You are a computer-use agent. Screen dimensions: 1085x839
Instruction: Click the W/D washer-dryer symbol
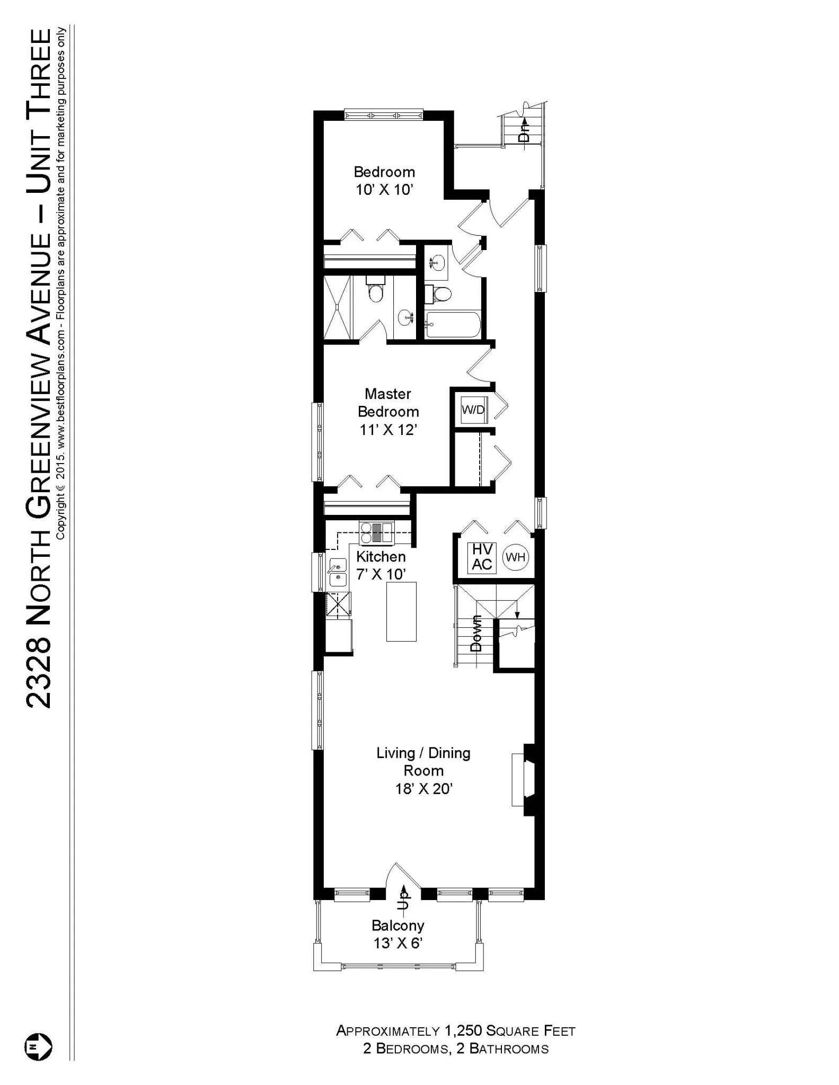coord(473,410)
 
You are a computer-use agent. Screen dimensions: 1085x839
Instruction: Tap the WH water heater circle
coord(515,557)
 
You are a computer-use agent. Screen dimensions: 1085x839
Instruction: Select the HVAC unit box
coord(482,557)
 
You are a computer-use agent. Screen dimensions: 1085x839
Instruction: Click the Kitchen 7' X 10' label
coord(381,565)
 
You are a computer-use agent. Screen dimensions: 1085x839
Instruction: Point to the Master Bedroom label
coord(388,412)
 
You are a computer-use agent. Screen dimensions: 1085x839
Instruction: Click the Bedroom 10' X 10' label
coord(384,181)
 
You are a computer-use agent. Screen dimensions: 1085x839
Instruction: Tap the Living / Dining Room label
coord(423,770)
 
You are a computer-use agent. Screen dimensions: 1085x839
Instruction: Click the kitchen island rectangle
coord(401,611)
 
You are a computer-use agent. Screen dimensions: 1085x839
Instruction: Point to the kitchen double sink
coord(337,573)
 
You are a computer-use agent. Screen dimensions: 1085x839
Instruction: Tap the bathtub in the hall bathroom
coord(453,325)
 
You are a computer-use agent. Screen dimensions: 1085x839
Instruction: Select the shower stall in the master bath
coord(338,307)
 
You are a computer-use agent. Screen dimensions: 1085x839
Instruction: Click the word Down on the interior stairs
coord(476,634)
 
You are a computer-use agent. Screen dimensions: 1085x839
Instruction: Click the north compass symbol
coord(38,1046)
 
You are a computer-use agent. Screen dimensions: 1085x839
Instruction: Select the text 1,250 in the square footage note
coord(464,1030)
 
